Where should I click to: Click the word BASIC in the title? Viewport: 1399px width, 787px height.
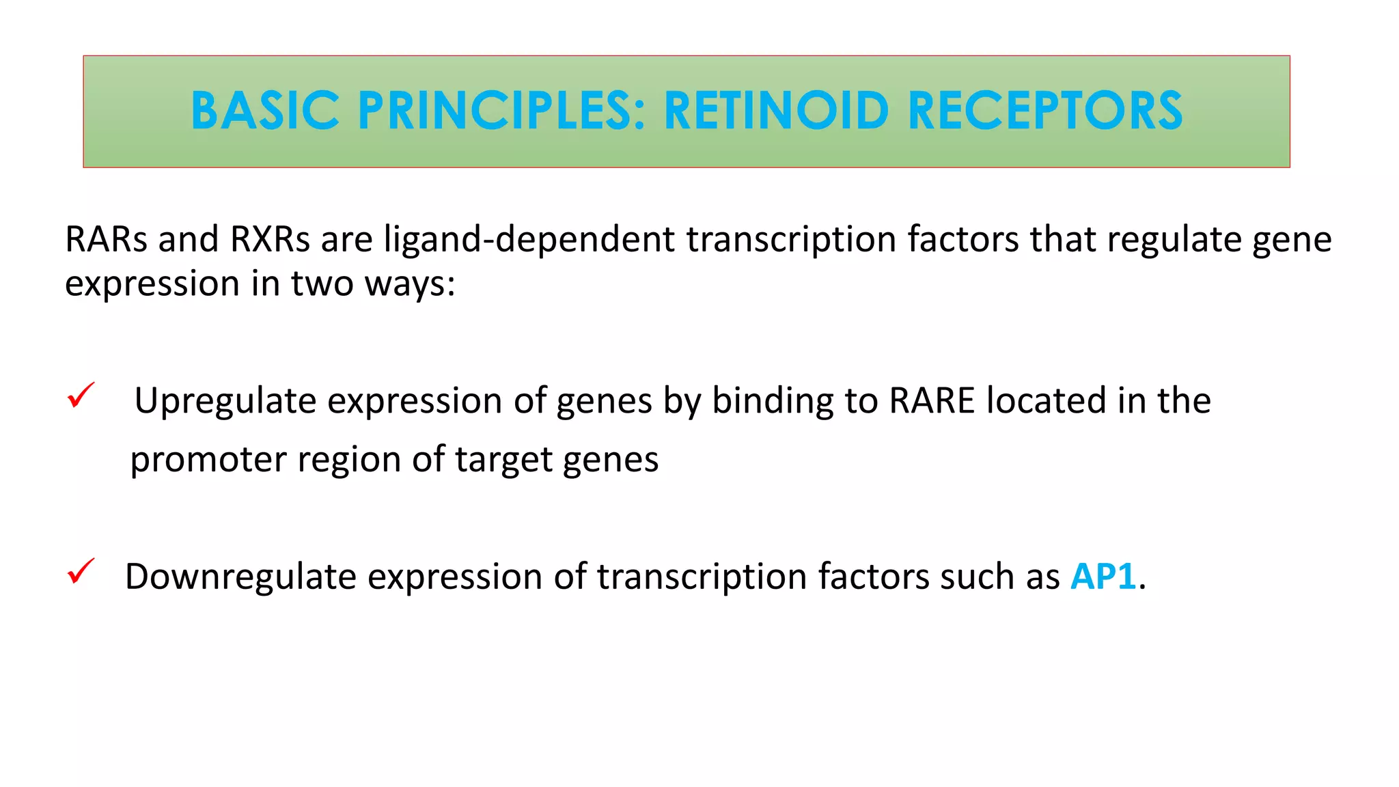(265, 111)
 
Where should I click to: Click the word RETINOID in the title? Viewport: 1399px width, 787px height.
(776, 111)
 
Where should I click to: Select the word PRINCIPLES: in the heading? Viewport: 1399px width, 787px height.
(501, 111)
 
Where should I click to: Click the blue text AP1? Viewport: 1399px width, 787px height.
(1103, 576)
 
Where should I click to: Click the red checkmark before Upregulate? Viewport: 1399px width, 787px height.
(81, 396)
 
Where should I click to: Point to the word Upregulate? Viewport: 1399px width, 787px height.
(225, 401)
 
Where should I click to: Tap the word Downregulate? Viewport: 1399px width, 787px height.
(240, 576)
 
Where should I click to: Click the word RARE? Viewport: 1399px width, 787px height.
(932, 400)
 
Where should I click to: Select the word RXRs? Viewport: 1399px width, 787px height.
(270, 239)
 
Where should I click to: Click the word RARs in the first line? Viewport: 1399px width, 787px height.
(106, 239)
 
